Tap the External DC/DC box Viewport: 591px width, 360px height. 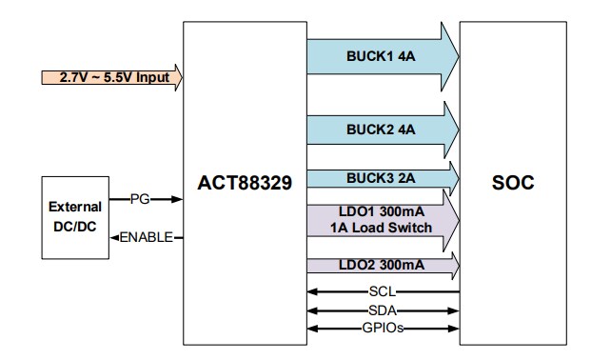pyautogui.click(x=75, y=217)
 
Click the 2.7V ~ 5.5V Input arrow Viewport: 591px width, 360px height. pyautogui.click(x=110, y=77)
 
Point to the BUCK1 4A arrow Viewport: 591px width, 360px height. pyautogui.click(x=381, y=56)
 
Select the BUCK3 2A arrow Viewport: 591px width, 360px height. pyautogui.click(x=381, y=176)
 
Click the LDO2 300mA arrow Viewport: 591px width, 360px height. pyautogui.click(x=381, y=264)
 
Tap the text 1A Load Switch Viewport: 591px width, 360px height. pyautogui.click(x=383, y=228)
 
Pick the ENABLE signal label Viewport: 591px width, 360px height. pyautogui.click(x=145, y=237)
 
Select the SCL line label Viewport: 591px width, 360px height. pyautogui.click(x=383, y=292)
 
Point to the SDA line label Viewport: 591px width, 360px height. pyautogui.click(x=383, y=310)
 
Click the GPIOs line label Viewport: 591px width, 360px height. pyautogui.click(x=383, y=329)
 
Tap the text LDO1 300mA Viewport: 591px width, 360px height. pyautogui.click(x=383, y=211)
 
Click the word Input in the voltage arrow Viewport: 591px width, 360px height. pyautogui.click(x=152, y=77)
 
